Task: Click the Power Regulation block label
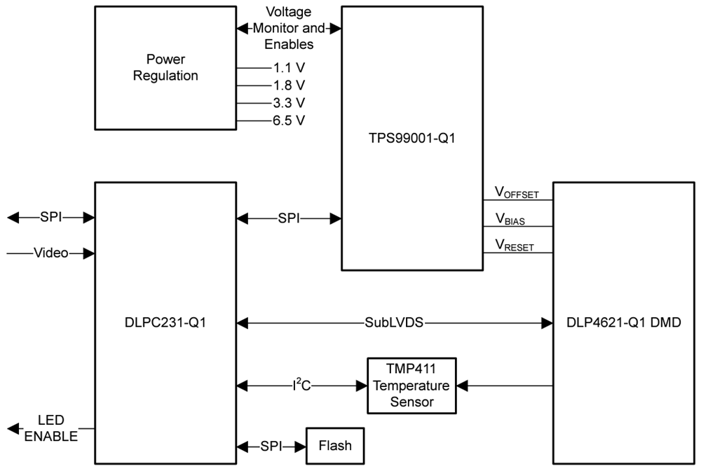click(x=165, y=68)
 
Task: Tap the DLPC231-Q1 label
click(x=165, y=323)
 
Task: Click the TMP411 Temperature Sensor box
click(x=411, y=385)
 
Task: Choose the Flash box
click(x=335, y=446)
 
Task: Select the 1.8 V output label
click(x=289, y=85)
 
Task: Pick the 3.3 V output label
click(x=289, y=103)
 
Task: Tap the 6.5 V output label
click(x=289, y=120)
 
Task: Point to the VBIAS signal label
click(x=510, y=219)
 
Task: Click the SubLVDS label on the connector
click(x=393, y=323)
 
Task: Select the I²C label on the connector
click(x=301, y=384)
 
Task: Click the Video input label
click(x=51, y=253)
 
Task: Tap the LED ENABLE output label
click(x=50, y=428)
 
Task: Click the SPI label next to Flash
click(x=272, y=446)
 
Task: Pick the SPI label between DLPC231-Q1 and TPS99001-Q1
click(x=289, y=218)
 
